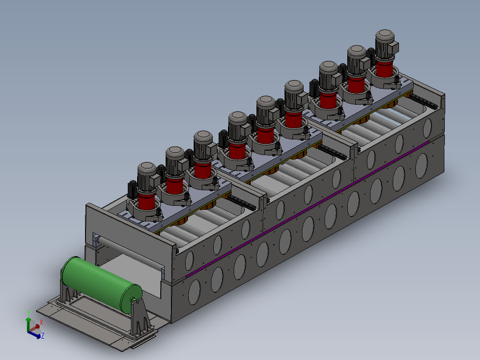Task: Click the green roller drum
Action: pyautogui.click(x=101, y=284)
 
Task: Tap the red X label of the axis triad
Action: pyautogui.click(x=41, y=322)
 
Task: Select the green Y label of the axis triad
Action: pyautogui.click(x=28, y=313)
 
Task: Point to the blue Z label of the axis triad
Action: pyautogui.click(x=43, y=336)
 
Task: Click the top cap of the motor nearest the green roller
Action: pyautogui.click(x=147, y=168)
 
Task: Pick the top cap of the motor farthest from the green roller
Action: pyautogui.click(x=385, y=36)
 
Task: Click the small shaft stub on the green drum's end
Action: pyautogui.click(x=134, y=300)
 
